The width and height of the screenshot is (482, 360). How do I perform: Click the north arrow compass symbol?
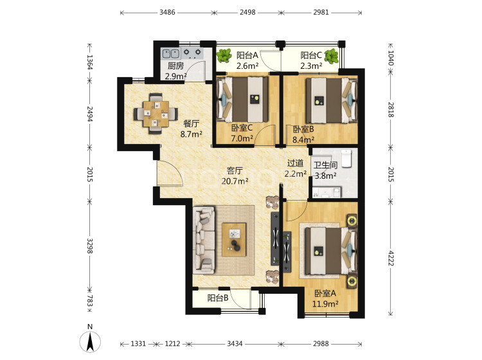90,341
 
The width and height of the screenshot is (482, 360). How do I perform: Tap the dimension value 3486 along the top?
167,12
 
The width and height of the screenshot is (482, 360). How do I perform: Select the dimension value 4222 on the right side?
391,258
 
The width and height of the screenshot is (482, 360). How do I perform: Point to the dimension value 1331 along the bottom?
138,343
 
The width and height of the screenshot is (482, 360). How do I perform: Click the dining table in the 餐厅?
156,114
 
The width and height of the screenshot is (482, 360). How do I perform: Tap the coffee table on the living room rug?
234,240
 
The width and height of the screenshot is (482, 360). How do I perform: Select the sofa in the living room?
204,240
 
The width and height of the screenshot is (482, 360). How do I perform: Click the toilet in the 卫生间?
346,158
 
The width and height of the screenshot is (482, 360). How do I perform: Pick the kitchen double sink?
170,53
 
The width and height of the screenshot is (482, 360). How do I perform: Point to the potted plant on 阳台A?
224,56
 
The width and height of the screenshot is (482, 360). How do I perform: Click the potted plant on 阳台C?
332,57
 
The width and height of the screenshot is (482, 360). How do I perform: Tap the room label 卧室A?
325,293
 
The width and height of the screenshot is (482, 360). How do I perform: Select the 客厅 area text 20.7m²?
235,181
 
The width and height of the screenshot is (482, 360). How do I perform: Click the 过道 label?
296,163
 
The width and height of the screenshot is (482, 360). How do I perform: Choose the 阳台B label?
218,298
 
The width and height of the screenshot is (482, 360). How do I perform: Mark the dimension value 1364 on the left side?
90,62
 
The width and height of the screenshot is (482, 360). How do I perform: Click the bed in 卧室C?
242,99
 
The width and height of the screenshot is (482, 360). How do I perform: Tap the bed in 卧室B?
332,100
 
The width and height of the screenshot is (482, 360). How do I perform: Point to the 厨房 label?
175,66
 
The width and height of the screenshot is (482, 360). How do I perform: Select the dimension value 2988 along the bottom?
321,343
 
